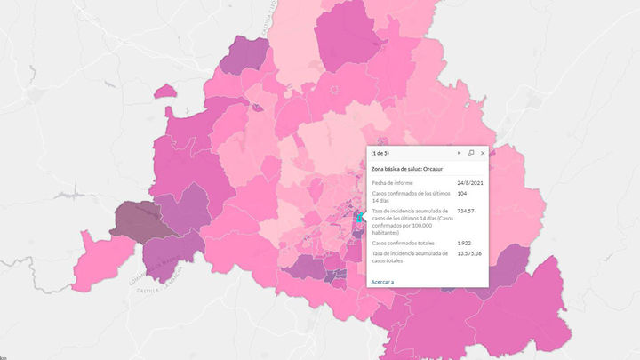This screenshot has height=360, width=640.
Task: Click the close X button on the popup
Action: coord(483,153)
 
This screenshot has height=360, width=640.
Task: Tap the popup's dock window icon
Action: coord(471,153)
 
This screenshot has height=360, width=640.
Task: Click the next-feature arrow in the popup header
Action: coord(459,153)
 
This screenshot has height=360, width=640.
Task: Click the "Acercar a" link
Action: coord(382,281)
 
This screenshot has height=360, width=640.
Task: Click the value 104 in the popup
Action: coord(462,193)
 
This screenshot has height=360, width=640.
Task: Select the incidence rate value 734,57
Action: coord(468,211)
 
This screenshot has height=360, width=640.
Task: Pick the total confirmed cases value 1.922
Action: coord(464,243)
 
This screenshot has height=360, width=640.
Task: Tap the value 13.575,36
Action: coord(469,253)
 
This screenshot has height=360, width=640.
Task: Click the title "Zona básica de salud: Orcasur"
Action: coord(408,168)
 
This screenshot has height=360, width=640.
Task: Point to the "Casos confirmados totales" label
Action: coord(405,243)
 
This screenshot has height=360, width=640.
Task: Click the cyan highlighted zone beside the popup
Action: coord(360,216)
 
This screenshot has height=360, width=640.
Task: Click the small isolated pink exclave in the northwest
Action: coord(165,91)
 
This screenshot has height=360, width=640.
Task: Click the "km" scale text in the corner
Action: coord(4,356)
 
